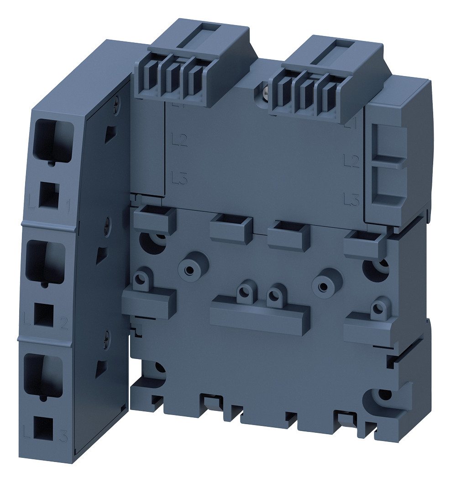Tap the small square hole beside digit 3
(x=43, y=426)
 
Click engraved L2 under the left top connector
(x=180, y=140)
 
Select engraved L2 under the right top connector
(x=350, y=160)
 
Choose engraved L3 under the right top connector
(x=350, y=199)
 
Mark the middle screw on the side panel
(x=106, y=223)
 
